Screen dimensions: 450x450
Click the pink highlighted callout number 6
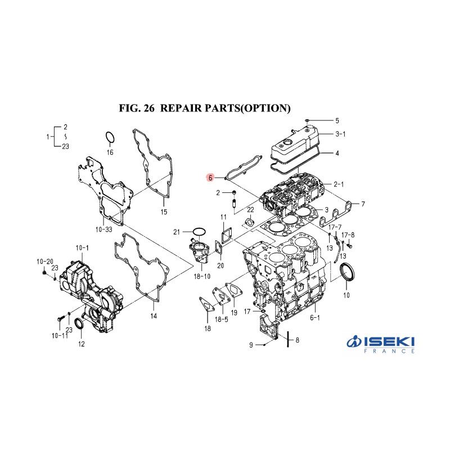[210, 178]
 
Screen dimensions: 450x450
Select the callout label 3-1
[340, 134]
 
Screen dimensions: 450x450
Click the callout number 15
[164, 212]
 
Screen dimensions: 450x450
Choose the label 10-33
[104, 229]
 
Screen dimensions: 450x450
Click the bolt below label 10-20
[44, 271]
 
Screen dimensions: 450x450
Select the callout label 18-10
[202, 276]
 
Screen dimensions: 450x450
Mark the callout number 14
[154, 316]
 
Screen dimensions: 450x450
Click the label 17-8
[348, 235]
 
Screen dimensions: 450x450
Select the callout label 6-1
[315, 317]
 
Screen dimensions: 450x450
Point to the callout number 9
[251, 345]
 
